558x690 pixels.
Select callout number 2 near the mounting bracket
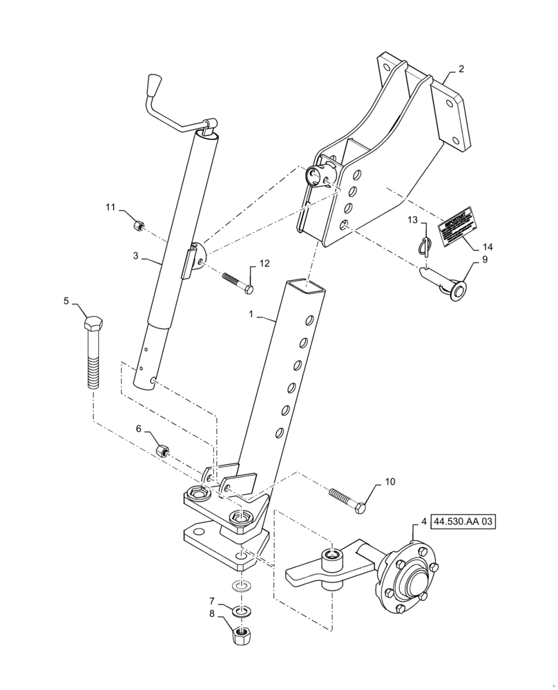461,69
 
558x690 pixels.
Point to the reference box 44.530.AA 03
463,522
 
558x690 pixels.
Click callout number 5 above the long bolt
67,301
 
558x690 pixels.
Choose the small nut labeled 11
138,224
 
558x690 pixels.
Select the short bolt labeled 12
236,282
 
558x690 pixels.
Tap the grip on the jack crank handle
153,89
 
